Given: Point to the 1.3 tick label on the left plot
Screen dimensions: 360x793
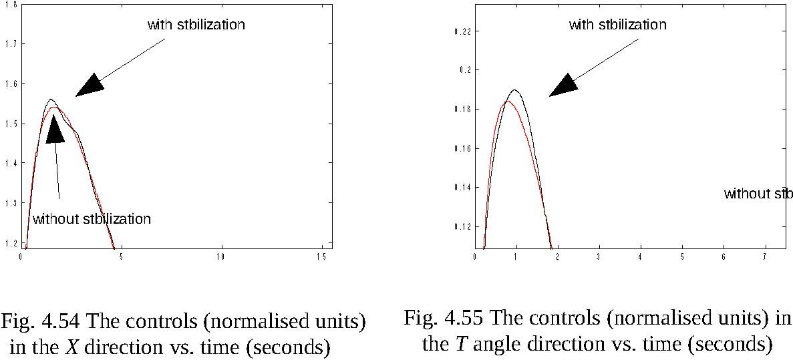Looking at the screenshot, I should (x=11, y=202).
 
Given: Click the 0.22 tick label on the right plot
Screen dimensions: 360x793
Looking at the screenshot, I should (x=462, y=31).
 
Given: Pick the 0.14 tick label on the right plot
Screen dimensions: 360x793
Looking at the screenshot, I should (x=462, y=188).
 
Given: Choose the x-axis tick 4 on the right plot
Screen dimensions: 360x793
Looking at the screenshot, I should (x=641, y=256).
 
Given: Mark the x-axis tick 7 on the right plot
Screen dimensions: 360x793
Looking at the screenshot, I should (x=764, y=256).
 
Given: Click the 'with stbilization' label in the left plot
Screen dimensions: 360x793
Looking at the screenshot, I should (x=196, y=25).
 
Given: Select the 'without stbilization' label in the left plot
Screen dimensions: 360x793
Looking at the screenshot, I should (x=92, y=219).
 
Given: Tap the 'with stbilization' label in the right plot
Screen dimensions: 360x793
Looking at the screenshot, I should (x=617, y=25).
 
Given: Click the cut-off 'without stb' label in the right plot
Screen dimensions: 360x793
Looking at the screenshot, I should (x=758, y=194).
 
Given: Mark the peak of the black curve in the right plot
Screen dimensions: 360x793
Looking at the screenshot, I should (x=514, y=89).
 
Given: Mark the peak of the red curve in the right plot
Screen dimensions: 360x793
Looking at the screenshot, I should (x=506, y=101).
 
